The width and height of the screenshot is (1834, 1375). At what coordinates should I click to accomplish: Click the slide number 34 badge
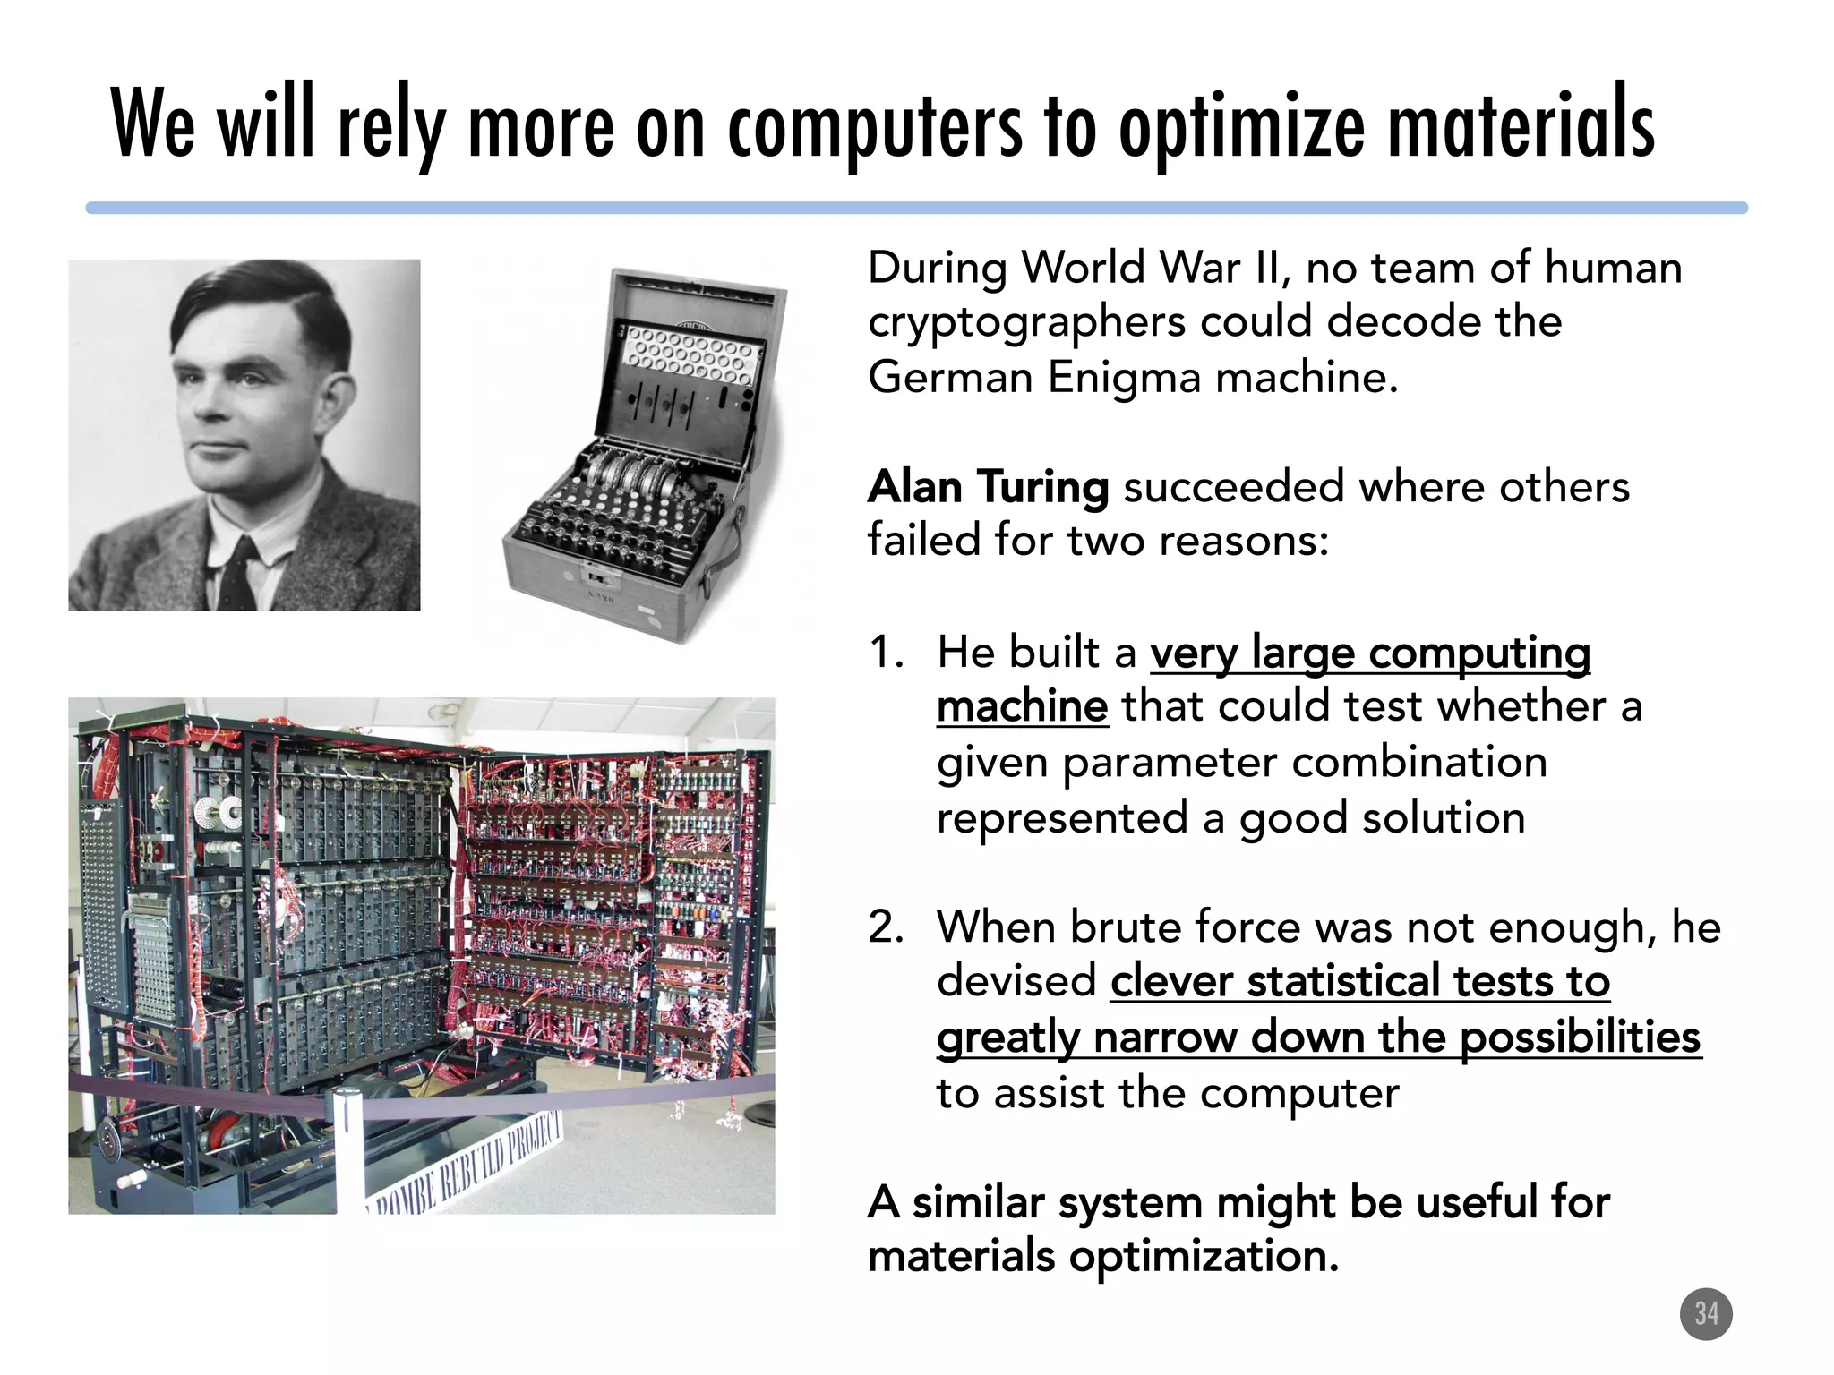point(1706,1314)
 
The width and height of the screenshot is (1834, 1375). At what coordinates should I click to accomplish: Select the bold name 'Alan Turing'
point(988,488)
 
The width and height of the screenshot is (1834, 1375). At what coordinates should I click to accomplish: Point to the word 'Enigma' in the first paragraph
point(1124,377)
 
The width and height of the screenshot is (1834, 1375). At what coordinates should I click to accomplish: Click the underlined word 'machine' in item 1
point(1022,707)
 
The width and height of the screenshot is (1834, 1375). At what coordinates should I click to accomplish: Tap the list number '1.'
point(887,652)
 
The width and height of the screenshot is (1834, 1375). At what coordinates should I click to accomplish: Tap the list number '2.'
point(887,927)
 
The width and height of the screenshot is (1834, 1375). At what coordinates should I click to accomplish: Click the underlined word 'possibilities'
point(1580,1038)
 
